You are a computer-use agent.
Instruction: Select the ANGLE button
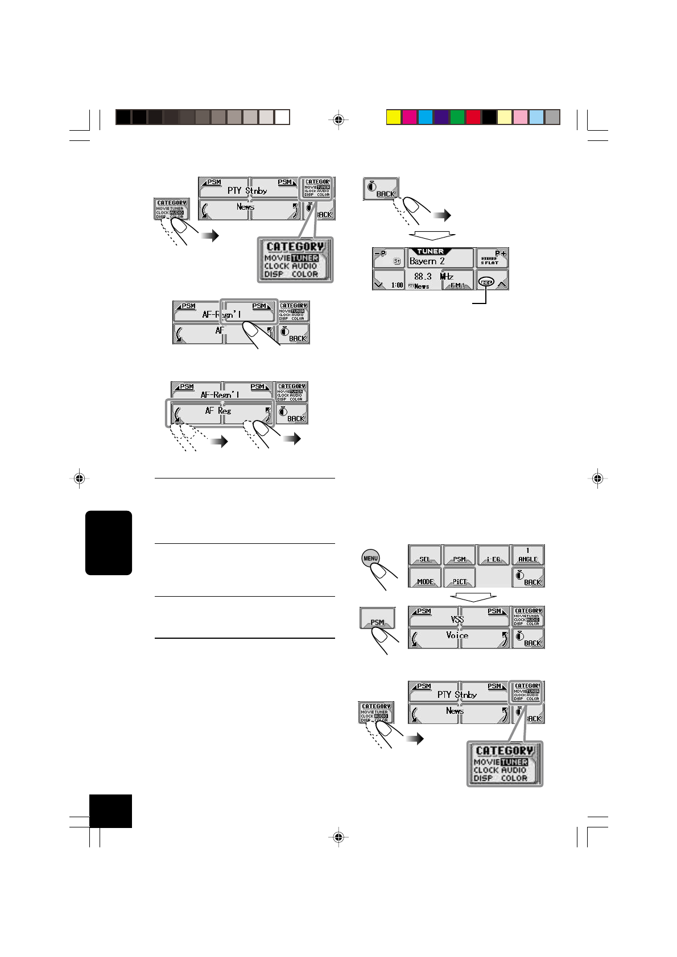pos(528,555)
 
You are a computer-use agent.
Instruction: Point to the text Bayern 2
pos(427,261)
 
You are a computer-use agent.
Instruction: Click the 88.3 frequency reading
pos(423,277)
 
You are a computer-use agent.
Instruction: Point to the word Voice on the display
pos(457,635)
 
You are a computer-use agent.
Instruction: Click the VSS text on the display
pos(457,619)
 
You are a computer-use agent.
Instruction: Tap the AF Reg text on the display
pos(218,410)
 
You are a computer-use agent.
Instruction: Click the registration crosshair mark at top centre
pos(338,119)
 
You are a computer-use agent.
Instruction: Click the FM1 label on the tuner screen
pos(459,286)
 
